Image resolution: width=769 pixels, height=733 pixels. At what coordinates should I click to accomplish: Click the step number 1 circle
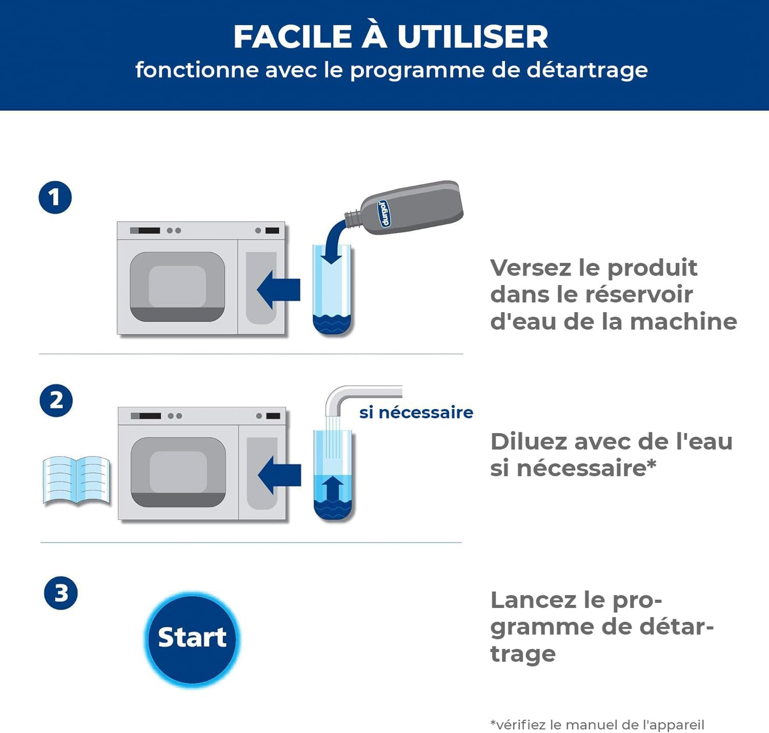coord(55,197)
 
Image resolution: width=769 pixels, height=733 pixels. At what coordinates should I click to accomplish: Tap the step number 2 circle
coord(56,401)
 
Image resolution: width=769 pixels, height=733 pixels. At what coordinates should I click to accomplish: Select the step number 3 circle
coord(61,593)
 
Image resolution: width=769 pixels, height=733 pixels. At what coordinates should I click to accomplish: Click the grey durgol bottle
coord(404,207)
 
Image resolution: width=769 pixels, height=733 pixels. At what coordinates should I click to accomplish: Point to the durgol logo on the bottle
coord(384,213)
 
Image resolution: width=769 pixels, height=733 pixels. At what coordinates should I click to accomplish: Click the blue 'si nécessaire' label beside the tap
coord(416,412)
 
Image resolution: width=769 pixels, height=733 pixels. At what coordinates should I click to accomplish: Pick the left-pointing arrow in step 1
coord(278,290)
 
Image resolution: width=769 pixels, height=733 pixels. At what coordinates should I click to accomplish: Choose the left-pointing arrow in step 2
coord(279,475)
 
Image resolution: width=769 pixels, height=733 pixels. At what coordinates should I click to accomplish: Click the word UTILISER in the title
coord(473,37)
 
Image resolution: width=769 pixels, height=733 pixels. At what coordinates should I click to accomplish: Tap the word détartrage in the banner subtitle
coord(586,71)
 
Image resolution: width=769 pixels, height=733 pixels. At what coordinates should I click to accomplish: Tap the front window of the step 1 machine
coord(177,287)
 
